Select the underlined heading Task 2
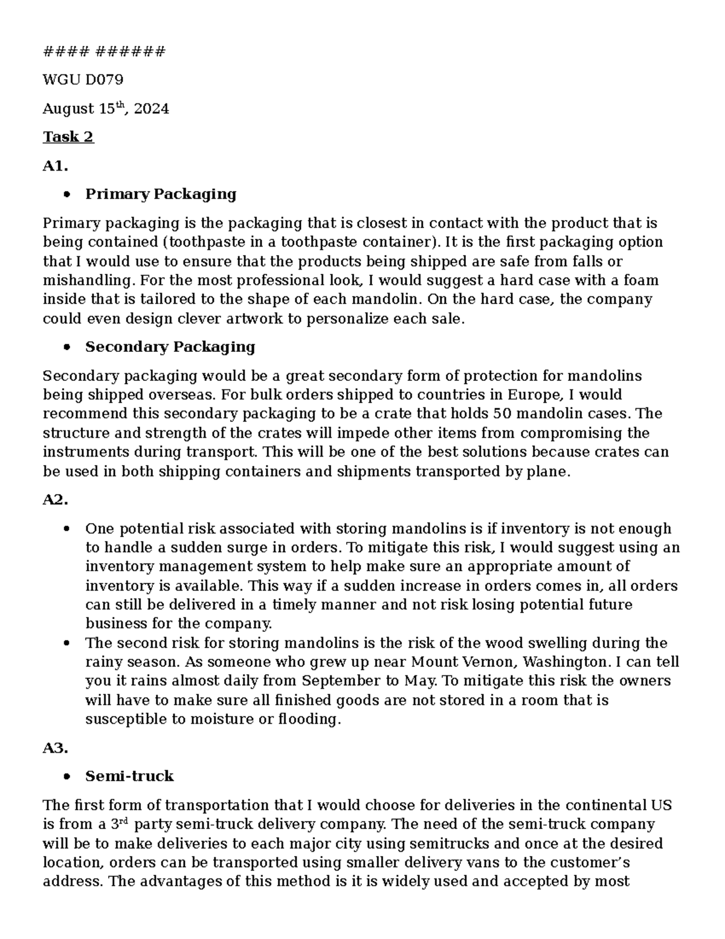pos(68,137)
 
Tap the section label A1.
pos(54,166)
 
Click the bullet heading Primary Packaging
pos(160,195)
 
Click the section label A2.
pos(55,501)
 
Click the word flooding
pos(309,720)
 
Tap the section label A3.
pos(55,749)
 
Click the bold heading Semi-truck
pos(129,777)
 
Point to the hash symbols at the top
pos(103,52)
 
